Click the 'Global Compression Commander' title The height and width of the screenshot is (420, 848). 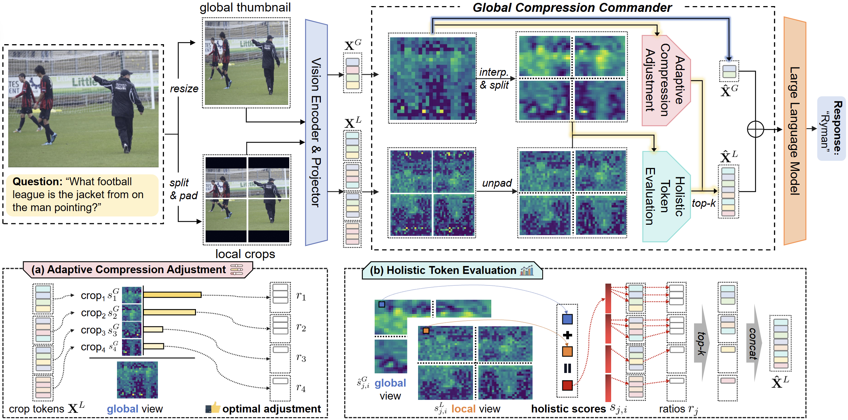pos(572,8)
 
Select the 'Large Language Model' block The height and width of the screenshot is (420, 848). pos(795,131)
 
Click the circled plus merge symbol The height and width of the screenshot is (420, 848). pos(755,130)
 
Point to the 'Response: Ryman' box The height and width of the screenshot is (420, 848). pos(831,128)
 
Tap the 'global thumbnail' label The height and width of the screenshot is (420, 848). pos(245,8)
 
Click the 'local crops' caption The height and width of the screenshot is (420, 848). pos(245,254)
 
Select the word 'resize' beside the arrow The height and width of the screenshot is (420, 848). pos(184,89)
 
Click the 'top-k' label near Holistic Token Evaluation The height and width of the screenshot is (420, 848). pos(703,203)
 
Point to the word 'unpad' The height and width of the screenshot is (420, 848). pos(497,183)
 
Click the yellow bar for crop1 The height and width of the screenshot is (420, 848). pos(172,295)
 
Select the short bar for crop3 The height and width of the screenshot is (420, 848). pos(153,329)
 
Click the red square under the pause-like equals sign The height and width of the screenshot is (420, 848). pos(567,386)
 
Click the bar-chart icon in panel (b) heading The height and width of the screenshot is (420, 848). pos(527,270)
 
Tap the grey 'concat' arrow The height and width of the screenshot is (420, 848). pos(753,343)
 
